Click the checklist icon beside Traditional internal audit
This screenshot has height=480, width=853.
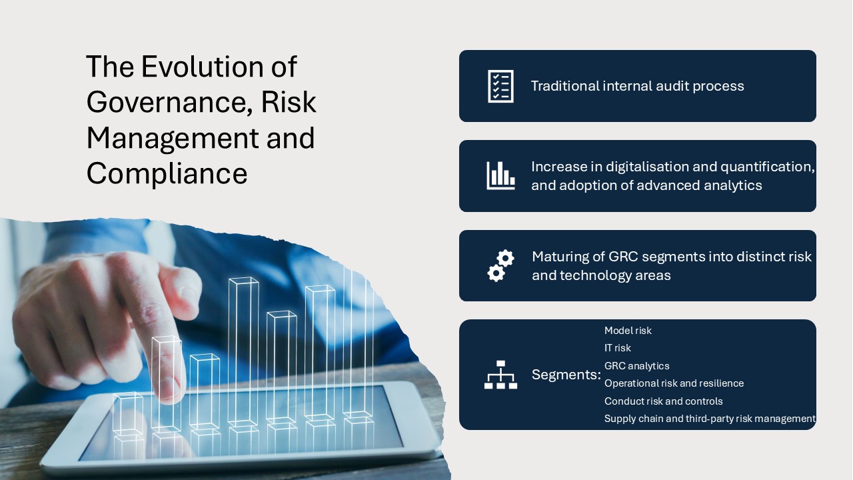500,86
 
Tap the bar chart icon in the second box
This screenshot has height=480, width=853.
500,175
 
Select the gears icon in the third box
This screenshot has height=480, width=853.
500,266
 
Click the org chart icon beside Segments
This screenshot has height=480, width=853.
500,375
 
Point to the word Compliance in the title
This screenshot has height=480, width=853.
167,174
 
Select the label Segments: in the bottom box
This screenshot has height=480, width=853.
566,375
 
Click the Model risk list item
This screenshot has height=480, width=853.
628,330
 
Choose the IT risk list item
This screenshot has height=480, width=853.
617,348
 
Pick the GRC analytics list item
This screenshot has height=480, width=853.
636,366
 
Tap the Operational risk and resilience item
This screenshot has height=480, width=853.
674,383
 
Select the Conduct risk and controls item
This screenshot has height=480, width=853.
663,401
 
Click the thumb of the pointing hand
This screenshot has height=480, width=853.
179,289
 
